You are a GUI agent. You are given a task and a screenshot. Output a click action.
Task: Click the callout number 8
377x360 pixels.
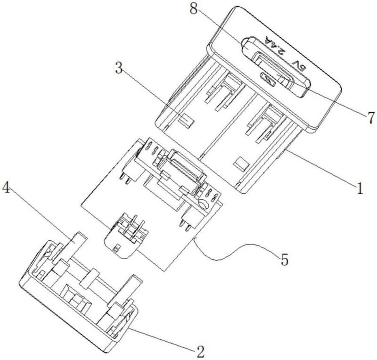click(x=193, y=9)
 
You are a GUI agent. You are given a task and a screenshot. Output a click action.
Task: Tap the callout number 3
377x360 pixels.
click(x=119, y=68)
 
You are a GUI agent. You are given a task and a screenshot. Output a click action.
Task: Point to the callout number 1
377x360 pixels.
click(x=359, y=188)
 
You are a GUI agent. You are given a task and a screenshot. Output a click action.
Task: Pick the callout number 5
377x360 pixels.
click(x=285, y=260)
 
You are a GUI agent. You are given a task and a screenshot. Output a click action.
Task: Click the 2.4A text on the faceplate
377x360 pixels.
click(x=275, y=45)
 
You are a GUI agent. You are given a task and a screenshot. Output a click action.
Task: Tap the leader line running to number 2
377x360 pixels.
click(x=162, y=338)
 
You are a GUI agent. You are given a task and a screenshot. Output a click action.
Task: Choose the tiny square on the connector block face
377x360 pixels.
click(x=116, y=248)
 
